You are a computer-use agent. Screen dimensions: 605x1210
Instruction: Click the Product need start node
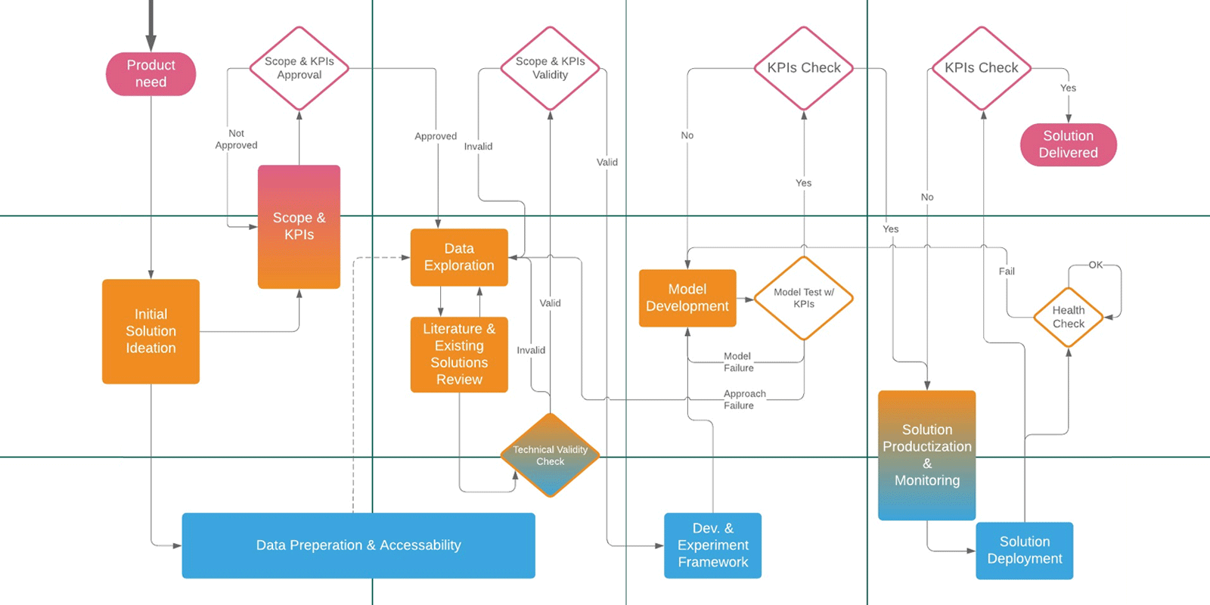coord(150,73)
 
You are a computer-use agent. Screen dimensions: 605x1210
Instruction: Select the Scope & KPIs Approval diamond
coord(299,68)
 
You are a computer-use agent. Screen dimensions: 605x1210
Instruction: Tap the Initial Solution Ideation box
coord(150,331)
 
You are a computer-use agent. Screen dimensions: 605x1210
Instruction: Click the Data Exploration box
coord(459,257)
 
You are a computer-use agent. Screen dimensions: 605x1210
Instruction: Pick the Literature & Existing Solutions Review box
coord(459,354)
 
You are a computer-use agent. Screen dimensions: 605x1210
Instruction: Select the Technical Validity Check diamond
coord(550,455)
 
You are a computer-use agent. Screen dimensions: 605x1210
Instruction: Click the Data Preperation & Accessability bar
coord(358,545)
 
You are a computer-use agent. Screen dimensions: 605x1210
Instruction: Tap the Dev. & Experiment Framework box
coord(712,545)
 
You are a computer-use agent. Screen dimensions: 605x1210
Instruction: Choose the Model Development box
coord(687,298)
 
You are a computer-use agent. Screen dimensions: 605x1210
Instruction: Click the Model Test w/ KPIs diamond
coord(804,298)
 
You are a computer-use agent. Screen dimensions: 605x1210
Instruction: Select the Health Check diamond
coord(1069,317)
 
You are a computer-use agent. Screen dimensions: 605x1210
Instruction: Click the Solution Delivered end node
coord(1068,144)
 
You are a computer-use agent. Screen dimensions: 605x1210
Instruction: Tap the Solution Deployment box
coord(1024,551)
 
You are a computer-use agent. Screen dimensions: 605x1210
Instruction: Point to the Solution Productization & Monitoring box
coord(926,455)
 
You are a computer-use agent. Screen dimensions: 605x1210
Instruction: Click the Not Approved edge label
coord(236,139)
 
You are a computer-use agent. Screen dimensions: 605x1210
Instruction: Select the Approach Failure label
coord(743,399)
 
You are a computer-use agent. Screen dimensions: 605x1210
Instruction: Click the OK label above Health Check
coord(1095,265)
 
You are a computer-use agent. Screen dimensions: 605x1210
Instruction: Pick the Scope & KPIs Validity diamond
coord(550,68)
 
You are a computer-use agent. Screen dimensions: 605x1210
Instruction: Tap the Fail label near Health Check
coord(1007,271)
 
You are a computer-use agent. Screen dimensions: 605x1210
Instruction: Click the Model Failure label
coord(738,362)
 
